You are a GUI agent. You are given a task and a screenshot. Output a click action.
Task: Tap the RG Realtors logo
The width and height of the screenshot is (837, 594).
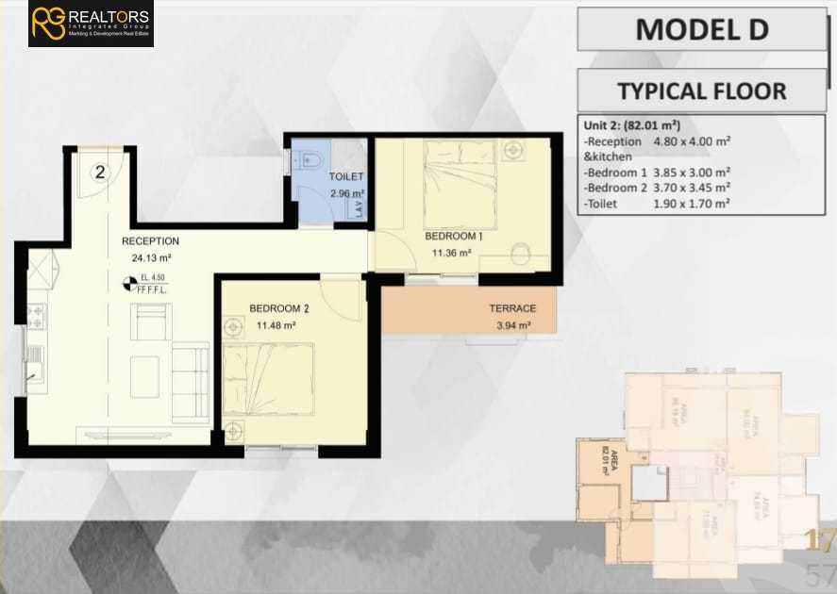click(91, 24)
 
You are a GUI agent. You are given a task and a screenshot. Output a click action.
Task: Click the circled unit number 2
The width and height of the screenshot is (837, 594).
click(100, 172)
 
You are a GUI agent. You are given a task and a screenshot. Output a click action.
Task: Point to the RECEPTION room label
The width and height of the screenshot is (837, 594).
click(150, 241)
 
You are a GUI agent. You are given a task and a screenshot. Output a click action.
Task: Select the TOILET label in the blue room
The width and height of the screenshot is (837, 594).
click(345, 177)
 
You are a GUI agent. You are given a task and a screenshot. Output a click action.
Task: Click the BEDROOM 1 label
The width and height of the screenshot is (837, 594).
click(453, 236)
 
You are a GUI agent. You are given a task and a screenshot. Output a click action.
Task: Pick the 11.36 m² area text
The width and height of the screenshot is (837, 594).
click(453, 253)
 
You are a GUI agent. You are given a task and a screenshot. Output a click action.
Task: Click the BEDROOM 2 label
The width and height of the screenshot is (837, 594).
click(279, 308)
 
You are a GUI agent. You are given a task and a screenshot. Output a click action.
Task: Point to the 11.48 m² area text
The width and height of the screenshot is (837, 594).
click(276, 325)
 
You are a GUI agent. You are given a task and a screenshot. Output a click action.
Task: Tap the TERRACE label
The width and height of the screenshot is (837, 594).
click(512, 308)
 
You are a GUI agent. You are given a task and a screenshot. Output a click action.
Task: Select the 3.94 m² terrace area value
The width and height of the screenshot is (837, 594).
click(512, 325)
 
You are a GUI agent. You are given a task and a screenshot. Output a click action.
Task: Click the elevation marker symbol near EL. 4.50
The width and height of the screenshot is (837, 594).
click(129, 281)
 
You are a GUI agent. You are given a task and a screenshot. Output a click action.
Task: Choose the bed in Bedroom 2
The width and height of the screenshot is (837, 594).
click(269, 379)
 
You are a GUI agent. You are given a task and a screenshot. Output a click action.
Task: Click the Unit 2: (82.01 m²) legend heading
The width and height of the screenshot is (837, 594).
click(633, 125)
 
